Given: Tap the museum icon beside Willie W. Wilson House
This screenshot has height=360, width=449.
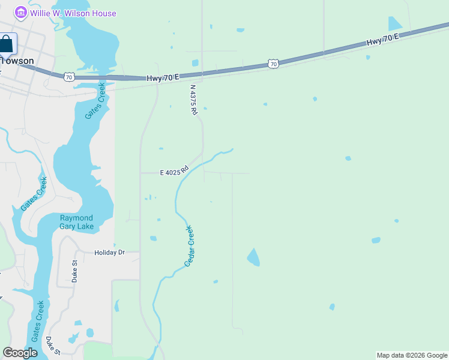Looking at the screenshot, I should (21, 13).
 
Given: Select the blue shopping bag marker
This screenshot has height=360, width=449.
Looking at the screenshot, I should (7, 44).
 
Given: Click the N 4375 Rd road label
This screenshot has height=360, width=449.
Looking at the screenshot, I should (193, 100).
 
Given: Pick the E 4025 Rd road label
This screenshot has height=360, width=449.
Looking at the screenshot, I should (175, 170).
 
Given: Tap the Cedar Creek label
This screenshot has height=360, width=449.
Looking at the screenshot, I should (189, 245).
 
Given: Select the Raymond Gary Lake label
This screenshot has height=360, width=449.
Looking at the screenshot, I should (76, 222).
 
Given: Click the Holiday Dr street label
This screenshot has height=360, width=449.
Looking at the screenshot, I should (109, 253).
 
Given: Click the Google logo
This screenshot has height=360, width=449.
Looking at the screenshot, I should (20, 353).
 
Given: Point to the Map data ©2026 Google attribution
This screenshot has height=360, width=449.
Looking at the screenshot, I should (412, 355).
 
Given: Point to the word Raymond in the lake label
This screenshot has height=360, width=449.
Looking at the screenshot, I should (76, 218).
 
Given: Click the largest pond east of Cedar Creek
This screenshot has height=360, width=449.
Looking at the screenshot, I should (253, 257).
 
